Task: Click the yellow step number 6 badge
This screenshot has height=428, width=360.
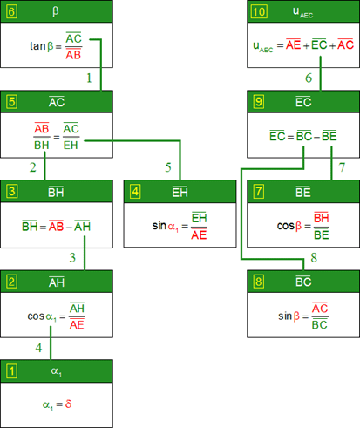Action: [11, 11]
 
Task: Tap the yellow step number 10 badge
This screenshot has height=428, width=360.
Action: [259, 11]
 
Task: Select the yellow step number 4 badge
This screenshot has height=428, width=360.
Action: [135, 192]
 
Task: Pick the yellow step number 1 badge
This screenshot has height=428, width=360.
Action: [11, 371]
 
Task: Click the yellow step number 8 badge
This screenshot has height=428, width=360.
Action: [259, 282]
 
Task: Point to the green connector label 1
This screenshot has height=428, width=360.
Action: [89, 78]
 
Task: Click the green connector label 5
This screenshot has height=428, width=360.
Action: [168, 167]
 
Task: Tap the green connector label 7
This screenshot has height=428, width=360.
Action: [342, 167]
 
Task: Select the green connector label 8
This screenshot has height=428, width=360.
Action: [314, 257]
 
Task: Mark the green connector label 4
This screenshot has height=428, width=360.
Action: [38, 348]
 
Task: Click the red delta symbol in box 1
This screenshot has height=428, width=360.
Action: [68, 404]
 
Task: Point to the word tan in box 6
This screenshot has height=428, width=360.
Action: [37, 46]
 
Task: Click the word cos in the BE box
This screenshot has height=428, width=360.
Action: [286, 226]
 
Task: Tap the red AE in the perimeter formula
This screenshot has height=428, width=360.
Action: [293, 44]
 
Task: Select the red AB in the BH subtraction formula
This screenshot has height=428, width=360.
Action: [56, 226]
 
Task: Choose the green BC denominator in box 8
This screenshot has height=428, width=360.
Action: [320, 324]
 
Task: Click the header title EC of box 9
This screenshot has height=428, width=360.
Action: [303, 102]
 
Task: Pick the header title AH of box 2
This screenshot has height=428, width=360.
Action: [57, 282]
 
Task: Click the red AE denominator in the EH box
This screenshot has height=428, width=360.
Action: [199, 234]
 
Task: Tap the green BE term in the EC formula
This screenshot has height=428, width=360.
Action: [329, 136]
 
